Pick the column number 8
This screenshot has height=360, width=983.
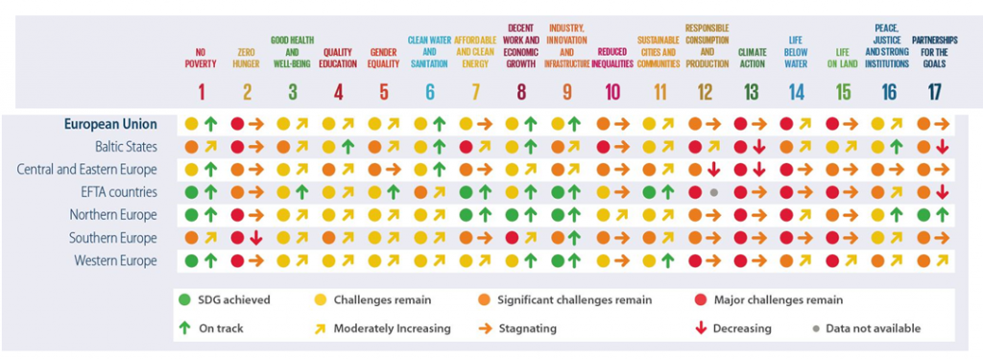(x=521, y=92)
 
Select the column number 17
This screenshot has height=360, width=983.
(x=932, y=92)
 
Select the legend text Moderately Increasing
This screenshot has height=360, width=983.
(x=392, y=328)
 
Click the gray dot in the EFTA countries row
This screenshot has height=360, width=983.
(x=715, y=193)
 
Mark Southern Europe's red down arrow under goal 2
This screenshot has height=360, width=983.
(x=256, y=237)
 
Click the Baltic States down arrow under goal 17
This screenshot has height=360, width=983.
(x=943, y=147)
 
